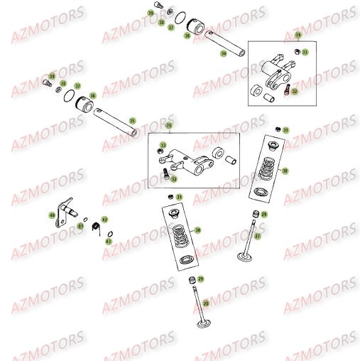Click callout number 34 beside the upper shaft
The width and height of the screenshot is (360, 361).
[224, 53]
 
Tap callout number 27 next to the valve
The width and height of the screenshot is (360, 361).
[258, 235]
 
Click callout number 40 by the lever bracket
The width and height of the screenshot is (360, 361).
[51, 215]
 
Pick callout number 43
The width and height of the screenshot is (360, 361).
[109, 242]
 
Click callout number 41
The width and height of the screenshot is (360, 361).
[80, 226]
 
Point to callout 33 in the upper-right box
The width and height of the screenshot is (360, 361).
[305, 53]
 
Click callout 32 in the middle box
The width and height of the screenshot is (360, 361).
[173, 179]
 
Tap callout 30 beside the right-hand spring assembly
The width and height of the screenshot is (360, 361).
[285, 171]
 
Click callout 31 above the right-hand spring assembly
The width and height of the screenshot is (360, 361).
[285, 131]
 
